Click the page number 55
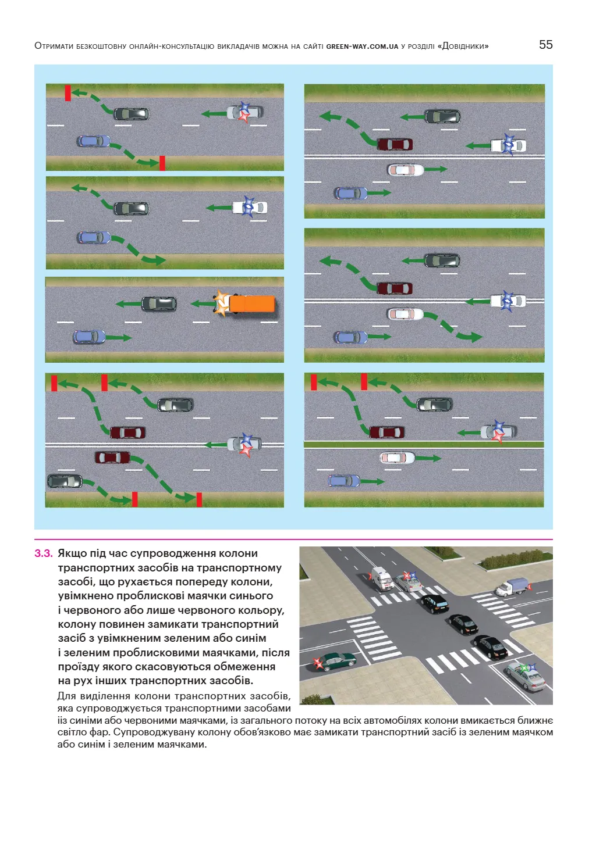coord(545,45)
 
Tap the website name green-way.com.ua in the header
coord(362,47)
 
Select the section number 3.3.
coord(43,553)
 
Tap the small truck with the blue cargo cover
coord(512,587)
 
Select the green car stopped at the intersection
coord(335,660)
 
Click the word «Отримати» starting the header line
coord(54,46)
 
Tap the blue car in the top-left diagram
coord(93,141)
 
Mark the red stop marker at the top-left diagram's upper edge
coord(68,93)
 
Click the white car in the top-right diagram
coord(406,170)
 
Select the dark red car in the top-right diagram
coord(395,144)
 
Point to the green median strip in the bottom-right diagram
coord(424,445)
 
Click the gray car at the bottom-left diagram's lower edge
coord(65,481)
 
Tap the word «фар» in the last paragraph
coord(101,732)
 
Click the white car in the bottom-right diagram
coord(397,458)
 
